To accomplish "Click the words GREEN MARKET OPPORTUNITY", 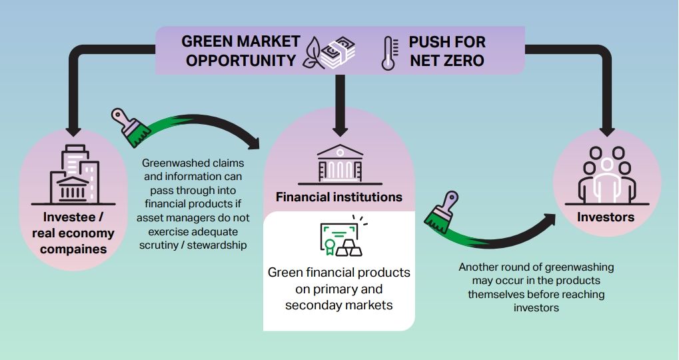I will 241,51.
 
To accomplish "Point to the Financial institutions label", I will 340,197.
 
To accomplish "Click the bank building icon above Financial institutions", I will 340,163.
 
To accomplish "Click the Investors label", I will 606,217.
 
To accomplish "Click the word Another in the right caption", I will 479,267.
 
